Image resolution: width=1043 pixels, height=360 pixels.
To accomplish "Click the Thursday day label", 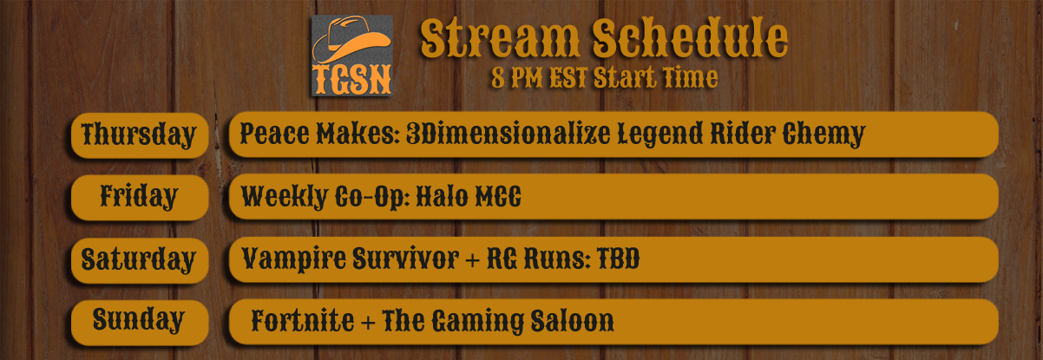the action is coord(139,135).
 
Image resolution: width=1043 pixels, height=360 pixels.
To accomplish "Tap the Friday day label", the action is coord(139,197).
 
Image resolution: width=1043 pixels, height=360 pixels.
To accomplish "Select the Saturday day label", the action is coord(139,259).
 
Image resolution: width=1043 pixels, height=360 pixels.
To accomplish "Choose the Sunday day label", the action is coord(139,321).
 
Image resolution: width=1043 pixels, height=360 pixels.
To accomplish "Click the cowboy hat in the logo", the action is coord(351,40).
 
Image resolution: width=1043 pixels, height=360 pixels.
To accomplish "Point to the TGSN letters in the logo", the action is coord(352,80).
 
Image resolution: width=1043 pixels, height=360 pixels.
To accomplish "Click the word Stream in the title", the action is coord(500,39).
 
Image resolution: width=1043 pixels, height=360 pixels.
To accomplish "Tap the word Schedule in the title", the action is coord(690,37).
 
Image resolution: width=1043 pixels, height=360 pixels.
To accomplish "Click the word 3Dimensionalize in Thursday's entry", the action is coord(508,134).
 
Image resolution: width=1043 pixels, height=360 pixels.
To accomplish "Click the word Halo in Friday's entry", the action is coord(442,197).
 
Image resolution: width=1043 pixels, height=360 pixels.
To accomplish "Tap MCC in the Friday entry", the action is coord(498,197).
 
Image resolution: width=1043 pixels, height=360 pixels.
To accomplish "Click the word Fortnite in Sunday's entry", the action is coord(303,321).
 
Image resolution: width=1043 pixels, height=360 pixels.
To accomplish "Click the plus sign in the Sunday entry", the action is coord(368,323).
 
